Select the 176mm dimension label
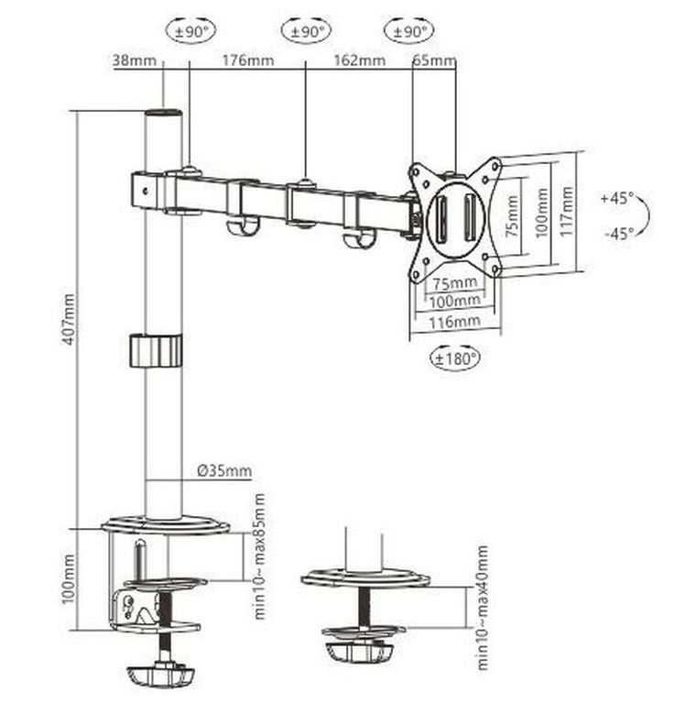point(247,61)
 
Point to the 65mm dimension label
point(435,61)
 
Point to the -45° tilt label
point(618,233)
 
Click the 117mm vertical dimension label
point(569,211)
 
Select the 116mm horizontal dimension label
point(454,321)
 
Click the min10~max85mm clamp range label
point(259,555)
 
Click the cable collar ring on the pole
point(155,350)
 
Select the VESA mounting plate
point(455,216)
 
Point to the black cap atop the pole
point(163,115)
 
